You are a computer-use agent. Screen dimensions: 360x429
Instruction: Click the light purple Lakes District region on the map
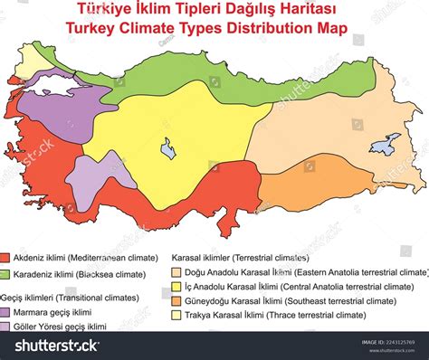coord(88,185)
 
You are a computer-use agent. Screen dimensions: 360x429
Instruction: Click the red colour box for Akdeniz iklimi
coord(5,257)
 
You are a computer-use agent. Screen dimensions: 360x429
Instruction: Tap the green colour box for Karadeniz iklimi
coord(5,273)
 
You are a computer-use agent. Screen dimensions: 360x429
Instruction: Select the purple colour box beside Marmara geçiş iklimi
coord(5,312)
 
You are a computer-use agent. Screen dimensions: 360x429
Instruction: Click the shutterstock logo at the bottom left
coord(50,345)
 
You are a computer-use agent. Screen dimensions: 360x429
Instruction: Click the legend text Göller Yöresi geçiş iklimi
coord(62,327)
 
